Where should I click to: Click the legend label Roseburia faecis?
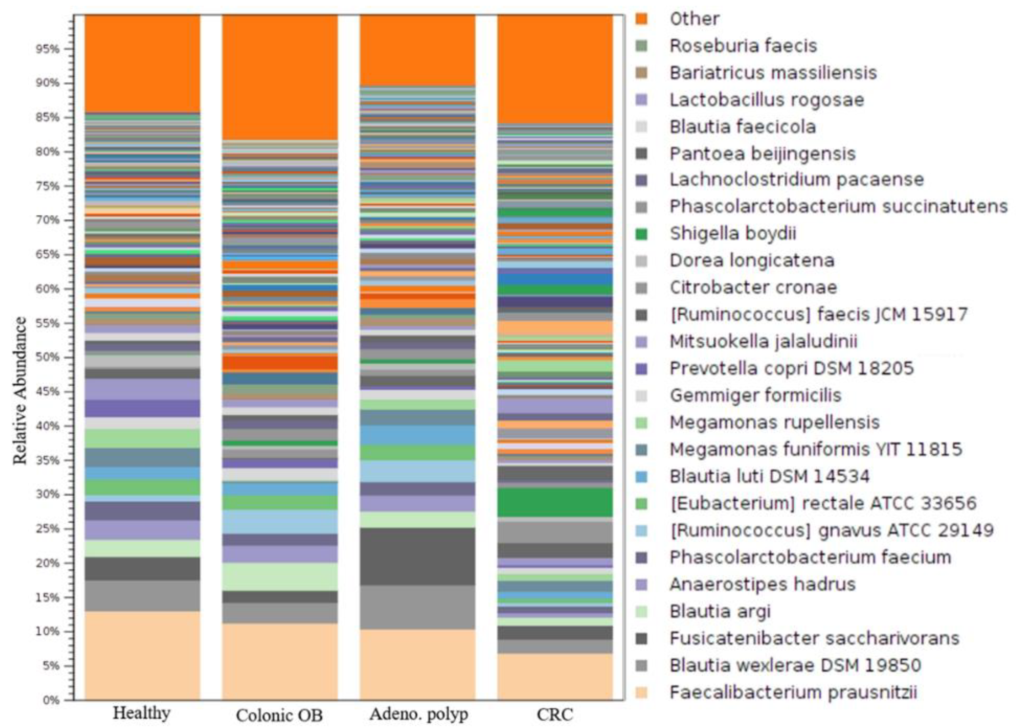(743, 46)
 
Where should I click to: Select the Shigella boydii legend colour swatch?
(642, 234)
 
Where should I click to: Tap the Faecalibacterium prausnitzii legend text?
(793, 692)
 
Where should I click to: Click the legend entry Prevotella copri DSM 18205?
(791, 369)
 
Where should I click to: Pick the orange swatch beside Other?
(642, 19)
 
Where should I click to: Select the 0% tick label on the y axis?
(51, 700)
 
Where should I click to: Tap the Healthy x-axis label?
(142, 713)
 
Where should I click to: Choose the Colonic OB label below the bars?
(279, 716)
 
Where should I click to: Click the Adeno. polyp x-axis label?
(418, 714)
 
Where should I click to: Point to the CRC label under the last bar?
(555, 714)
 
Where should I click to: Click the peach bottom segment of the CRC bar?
(555, 677)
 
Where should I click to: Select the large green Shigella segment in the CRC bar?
(555, 502)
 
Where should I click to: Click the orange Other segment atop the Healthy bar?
(142, 63)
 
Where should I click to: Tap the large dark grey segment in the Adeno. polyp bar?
(418, 556)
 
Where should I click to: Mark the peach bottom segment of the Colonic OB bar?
(279, 661)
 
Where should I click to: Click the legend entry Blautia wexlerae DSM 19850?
(795, 665)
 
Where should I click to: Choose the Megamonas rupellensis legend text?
(774, 422)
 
